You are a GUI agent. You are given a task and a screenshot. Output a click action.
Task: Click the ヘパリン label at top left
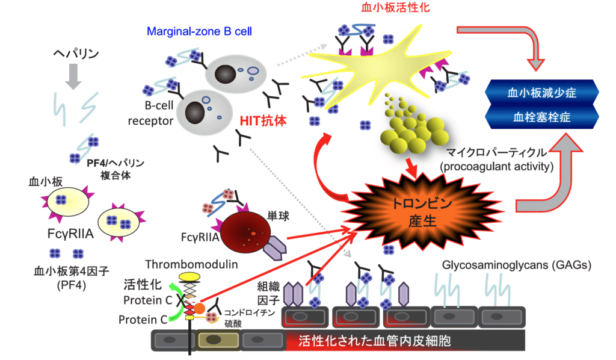[74, 54]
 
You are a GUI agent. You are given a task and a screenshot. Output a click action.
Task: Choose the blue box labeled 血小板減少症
[542, 93]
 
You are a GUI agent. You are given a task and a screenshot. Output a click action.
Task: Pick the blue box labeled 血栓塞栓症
[542, 117]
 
